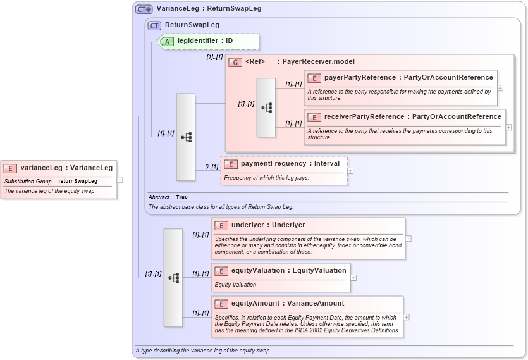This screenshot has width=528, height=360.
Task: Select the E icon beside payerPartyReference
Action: (314, 78)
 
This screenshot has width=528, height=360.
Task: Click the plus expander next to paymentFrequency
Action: (350, 171)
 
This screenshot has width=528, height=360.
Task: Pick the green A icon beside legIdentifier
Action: (168, 41)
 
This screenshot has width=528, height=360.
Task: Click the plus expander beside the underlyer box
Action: (408, 239)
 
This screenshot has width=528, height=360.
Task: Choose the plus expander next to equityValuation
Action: (353, 277)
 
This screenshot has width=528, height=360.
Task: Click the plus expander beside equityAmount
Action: (406, 317)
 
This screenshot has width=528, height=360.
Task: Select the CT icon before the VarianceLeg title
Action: (144, 9)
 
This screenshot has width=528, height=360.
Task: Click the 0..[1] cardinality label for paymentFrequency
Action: (211, 167)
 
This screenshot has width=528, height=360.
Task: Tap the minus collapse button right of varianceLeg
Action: (120, 180)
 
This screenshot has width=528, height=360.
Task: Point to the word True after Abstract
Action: (181, 197)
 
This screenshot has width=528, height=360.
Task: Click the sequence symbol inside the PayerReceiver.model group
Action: (266, 108)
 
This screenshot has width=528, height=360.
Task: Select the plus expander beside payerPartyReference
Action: (500, 88)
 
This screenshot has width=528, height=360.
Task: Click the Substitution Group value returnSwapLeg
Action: (78, 182)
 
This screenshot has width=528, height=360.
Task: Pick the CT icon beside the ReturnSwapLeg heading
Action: (154, 25)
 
